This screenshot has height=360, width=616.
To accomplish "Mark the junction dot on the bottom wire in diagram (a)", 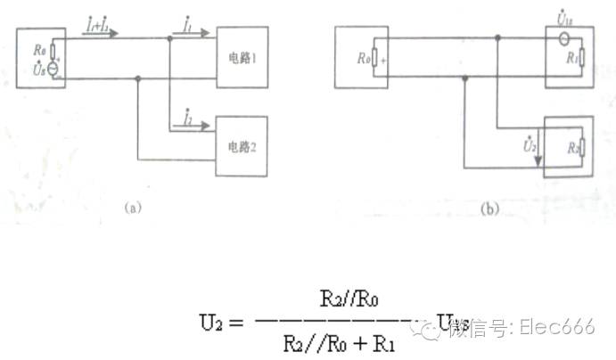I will (x=137, y=78).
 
